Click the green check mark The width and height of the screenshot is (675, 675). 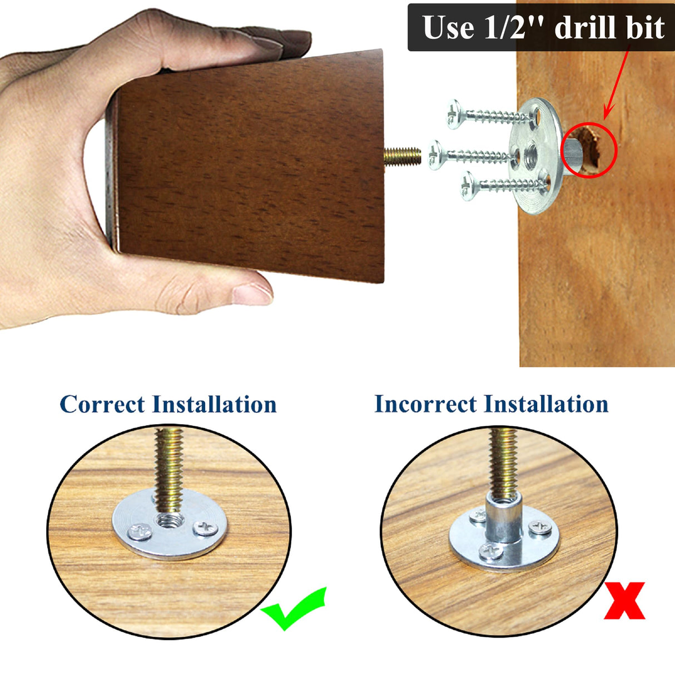294,609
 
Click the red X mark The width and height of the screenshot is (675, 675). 624,600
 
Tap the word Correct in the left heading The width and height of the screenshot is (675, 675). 102,404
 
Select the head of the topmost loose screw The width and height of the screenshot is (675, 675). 454,114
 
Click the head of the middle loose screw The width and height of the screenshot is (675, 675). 435,155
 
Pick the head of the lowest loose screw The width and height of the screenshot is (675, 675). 468,186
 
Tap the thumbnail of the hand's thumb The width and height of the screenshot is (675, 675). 253,294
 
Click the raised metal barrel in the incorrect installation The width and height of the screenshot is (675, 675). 502,518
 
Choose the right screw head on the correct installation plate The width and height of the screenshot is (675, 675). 205,528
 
